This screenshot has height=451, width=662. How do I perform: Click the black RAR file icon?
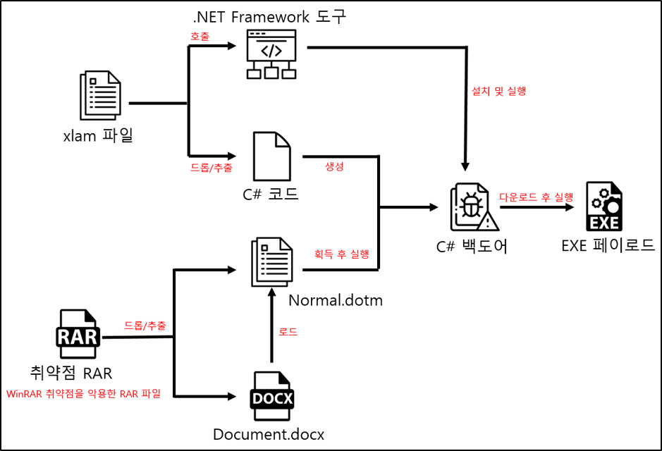79,333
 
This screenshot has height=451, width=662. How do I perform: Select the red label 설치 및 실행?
498,91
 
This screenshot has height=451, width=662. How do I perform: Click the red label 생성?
334,166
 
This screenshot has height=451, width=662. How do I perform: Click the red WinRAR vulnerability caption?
84,394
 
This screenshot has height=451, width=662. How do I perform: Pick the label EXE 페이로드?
608,245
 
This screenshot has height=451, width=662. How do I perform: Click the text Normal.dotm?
336,301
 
